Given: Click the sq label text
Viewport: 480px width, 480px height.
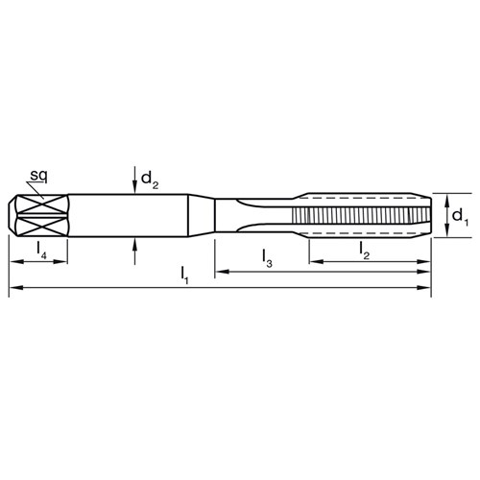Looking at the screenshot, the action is pyautogui.click(x=38, y=176).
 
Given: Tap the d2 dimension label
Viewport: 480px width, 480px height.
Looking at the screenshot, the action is pyautogui.click(x=150, y=180).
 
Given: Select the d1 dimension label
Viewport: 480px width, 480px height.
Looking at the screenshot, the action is pyautogui.click(x=460, y=218).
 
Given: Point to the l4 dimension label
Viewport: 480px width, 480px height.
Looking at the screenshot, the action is pyautogui.click(x=41, y=250).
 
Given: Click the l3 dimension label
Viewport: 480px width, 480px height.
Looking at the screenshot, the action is pyautogui.click(x=267, y=258).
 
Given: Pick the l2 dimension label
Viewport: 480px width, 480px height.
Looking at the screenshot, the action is pyautogui.click(x=364, y=251).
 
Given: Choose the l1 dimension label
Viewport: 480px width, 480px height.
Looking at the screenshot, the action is pyautogui.click(x=184, y=276).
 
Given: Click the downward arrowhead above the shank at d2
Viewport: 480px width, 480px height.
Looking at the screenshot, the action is pyautogui.click(x=135, y=188).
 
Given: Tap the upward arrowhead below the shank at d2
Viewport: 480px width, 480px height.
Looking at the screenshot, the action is pyautogui.click(x=135, y=244).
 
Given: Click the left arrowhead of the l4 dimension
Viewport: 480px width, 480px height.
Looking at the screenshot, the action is pyautogui.click(x=16, y=262).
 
